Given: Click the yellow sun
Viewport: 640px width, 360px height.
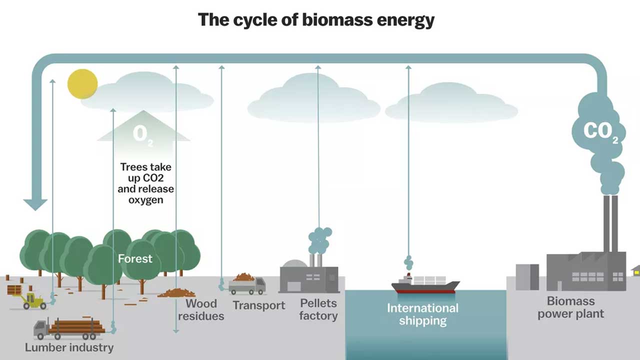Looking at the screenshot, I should (82, 84).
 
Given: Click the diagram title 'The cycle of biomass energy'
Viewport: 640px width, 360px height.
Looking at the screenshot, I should (316, 20).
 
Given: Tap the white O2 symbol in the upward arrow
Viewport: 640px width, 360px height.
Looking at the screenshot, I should (143, 134).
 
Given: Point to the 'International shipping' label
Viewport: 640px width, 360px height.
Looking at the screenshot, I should (422, 314).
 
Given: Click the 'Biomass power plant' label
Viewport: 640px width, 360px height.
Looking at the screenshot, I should (570, 307).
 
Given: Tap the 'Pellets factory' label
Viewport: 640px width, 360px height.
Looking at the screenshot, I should (318, 309).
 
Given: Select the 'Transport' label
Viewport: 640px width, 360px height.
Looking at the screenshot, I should (258, 305).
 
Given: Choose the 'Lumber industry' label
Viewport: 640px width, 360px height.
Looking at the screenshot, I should (69, 347).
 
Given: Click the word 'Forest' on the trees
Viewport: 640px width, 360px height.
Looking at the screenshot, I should (135, 258).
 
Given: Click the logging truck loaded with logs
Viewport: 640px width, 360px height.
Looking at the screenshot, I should (70, 327).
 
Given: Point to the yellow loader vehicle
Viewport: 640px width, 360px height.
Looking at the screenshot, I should (33, 301).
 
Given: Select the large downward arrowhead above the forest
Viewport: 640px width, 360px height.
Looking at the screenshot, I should (35, 204).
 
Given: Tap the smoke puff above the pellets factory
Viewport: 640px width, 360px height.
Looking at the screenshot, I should (319, 240).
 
